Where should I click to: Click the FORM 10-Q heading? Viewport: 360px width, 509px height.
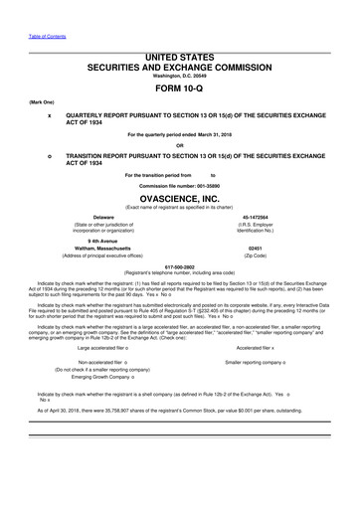pyautogui.click(x=179, y=87)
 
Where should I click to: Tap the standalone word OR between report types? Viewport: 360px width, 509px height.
pyautogui.click(x=180, y=145)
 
